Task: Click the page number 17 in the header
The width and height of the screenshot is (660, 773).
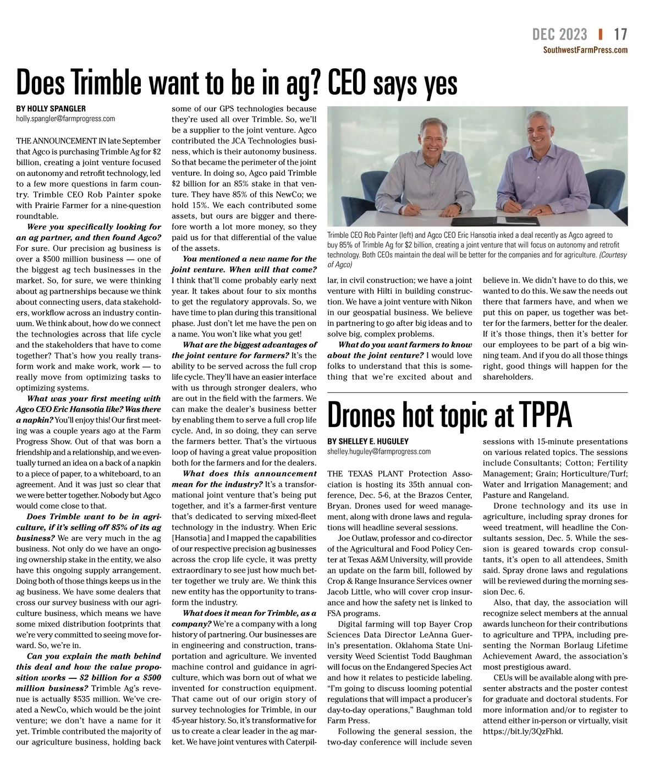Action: pyautogui.click(x=620, y=34)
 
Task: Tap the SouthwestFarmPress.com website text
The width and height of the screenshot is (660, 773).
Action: pyautogui.click(x=585, y=50)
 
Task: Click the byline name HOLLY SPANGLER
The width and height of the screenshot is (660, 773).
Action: pyautogui.click(x=51, y=108)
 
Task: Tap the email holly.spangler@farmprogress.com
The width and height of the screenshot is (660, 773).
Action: pyautogui.click(x=65, y=118)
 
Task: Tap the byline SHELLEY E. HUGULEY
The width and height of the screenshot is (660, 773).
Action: pyautogui.click(x=368, y=441)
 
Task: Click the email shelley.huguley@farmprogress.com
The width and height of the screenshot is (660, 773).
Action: pyautogui.click(x=379, y=452)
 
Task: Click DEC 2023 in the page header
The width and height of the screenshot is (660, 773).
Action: pyautogui.click(x=559, y=34)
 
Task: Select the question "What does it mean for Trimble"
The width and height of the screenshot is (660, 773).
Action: pyautogui.click(x=244, y=613)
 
